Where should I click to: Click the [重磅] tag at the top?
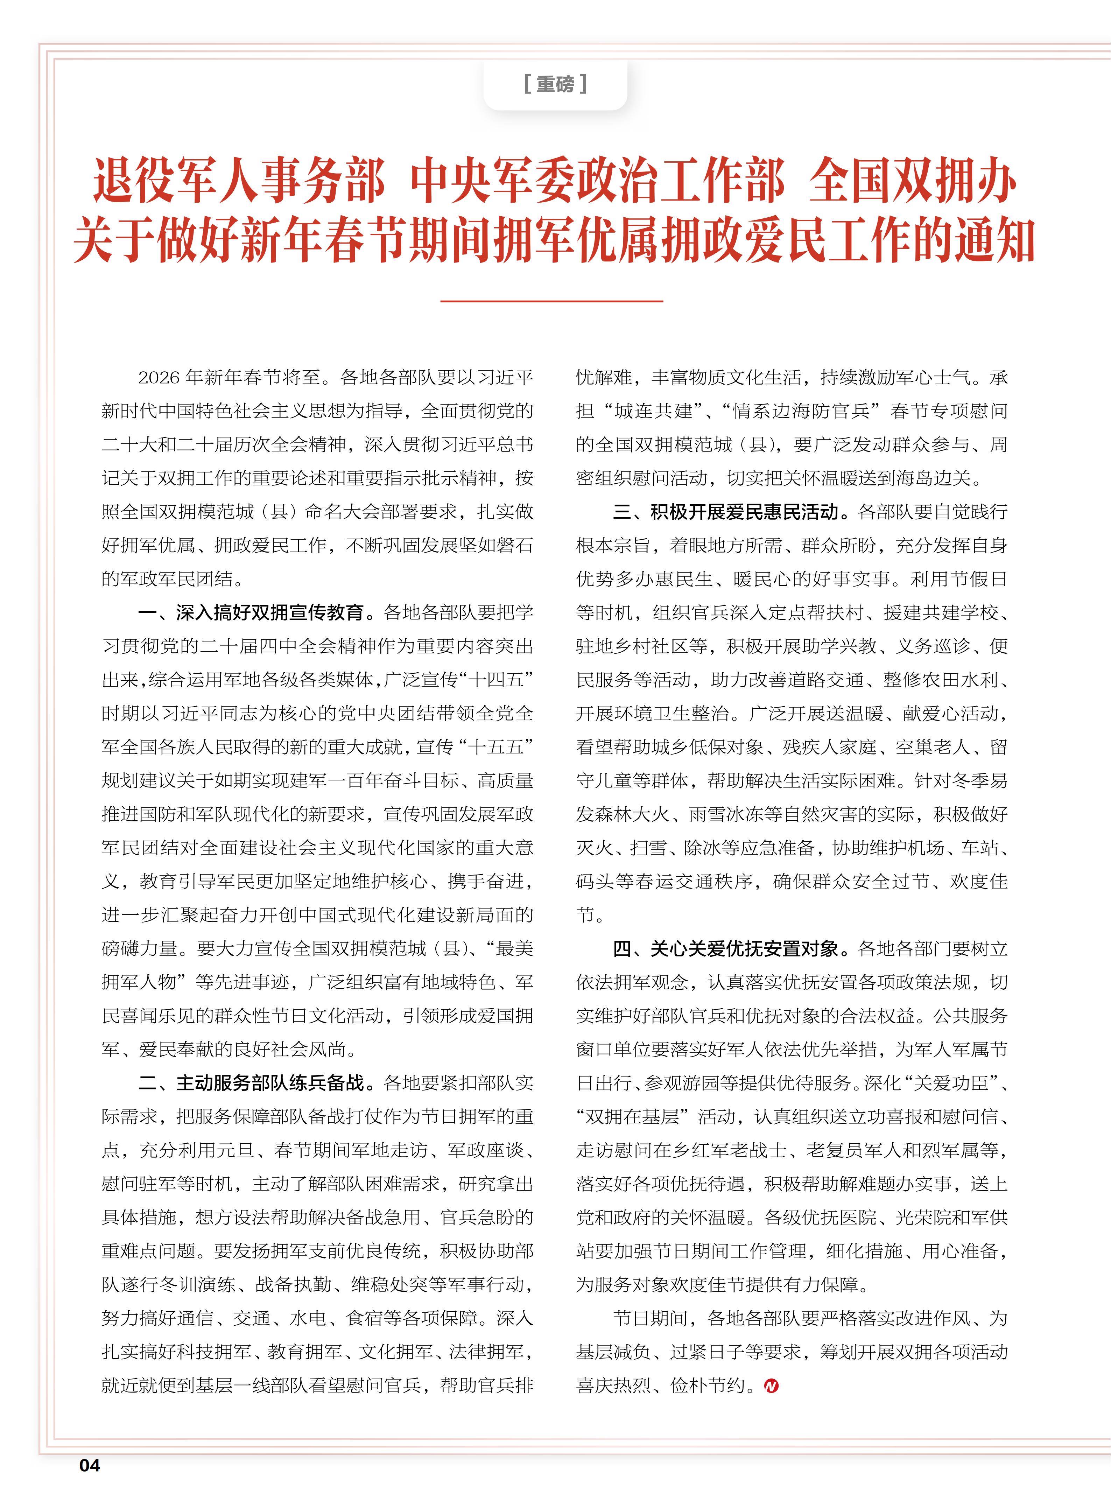tap(555, 84)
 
